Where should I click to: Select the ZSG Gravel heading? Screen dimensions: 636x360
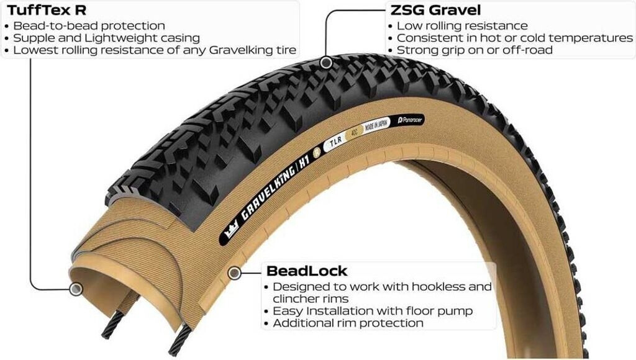click(x=435, y=10)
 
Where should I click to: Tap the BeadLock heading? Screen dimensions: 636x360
click(x=306, y=271)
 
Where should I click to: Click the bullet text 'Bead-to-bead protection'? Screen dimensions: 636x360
click(x=89, y=25)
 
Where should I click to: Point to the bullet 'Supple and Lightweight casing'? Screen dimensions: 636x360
click(x=106, y=38)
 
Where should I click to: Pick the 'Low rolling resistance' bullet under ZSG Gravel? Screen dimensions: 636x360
click(x=462, y=25)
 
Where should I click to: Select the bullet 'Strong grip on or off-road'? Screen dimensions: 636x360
click(x=475, y=50)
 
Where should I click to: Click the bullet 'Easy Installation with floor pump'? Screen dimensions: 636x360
click(x=373, y=310)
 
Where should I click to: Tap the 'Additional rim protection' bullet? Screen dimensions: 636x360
click(x=348, y=323)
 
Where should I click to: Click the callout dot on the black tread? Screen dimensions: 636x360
click(x=326, y=62)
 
